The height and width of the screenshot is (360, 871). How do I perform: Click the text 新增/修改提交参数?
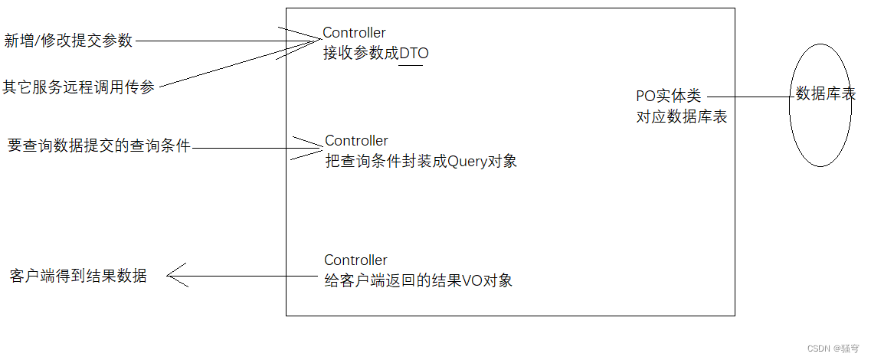68,41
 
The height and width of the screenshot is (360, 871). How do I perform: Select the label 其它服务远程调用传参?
78,87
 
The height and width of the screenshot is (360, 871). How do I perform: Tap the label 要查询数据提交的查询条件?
99,146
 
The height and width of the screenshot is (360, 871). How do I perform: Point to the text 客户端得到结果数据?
78,277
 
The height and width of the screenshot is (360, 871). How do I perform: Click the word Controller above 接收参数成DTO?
354,33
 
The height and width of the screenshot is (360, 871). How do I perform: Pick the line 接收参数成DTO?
375,54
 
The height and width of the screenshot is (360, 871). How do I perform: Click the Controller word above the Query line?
356,141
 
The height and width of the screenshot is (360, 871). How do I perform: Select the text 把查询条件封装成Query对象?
421,161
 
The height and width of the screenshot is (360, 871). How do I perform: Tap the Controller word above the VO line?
355,260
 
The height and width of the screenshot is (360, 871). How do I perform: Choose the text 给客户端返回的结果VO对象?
418,280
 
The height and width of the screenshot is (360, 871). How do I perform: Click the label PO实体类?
668,97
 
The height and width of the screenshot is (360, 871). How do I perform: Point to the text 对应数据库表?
681,117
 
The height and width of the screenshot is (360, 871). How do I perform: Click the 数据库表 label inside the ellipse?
825,94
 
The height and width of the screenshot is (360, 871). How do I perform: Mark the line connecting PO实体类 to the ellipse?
751,97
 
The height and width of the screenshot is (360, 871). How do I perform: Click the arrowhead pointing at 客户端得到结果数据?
174,275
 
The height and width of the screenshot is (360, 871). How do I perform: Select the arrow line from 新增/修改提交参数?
222,41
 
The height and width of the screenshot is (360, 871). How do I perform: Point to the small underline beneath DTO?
411,65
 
